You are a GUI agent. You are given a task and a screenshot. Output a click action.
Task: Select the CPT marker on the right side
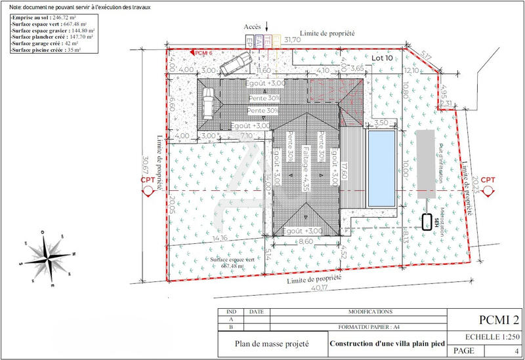pyautogui.click(x=487, y=183)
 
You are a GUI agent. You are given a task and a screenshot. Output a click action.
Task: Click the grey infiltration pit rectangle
pyautogui.click(x=425, y=157)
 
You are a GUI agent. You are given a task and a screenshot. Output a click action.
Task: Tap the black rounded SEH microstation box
pyautogui.click(x=427, y=222)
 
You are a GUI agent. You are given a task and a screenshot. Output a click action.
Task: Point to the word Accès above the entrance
pyautogui.click(x=253, y=26)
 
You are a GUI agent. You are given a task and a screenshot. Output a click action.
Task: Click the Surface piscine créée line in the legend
pyautogui.click(x=46, y=50)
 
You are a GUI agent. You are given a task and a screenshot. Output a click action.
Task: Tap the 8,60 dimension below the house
pyautogui.click(x=306, y=242)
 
